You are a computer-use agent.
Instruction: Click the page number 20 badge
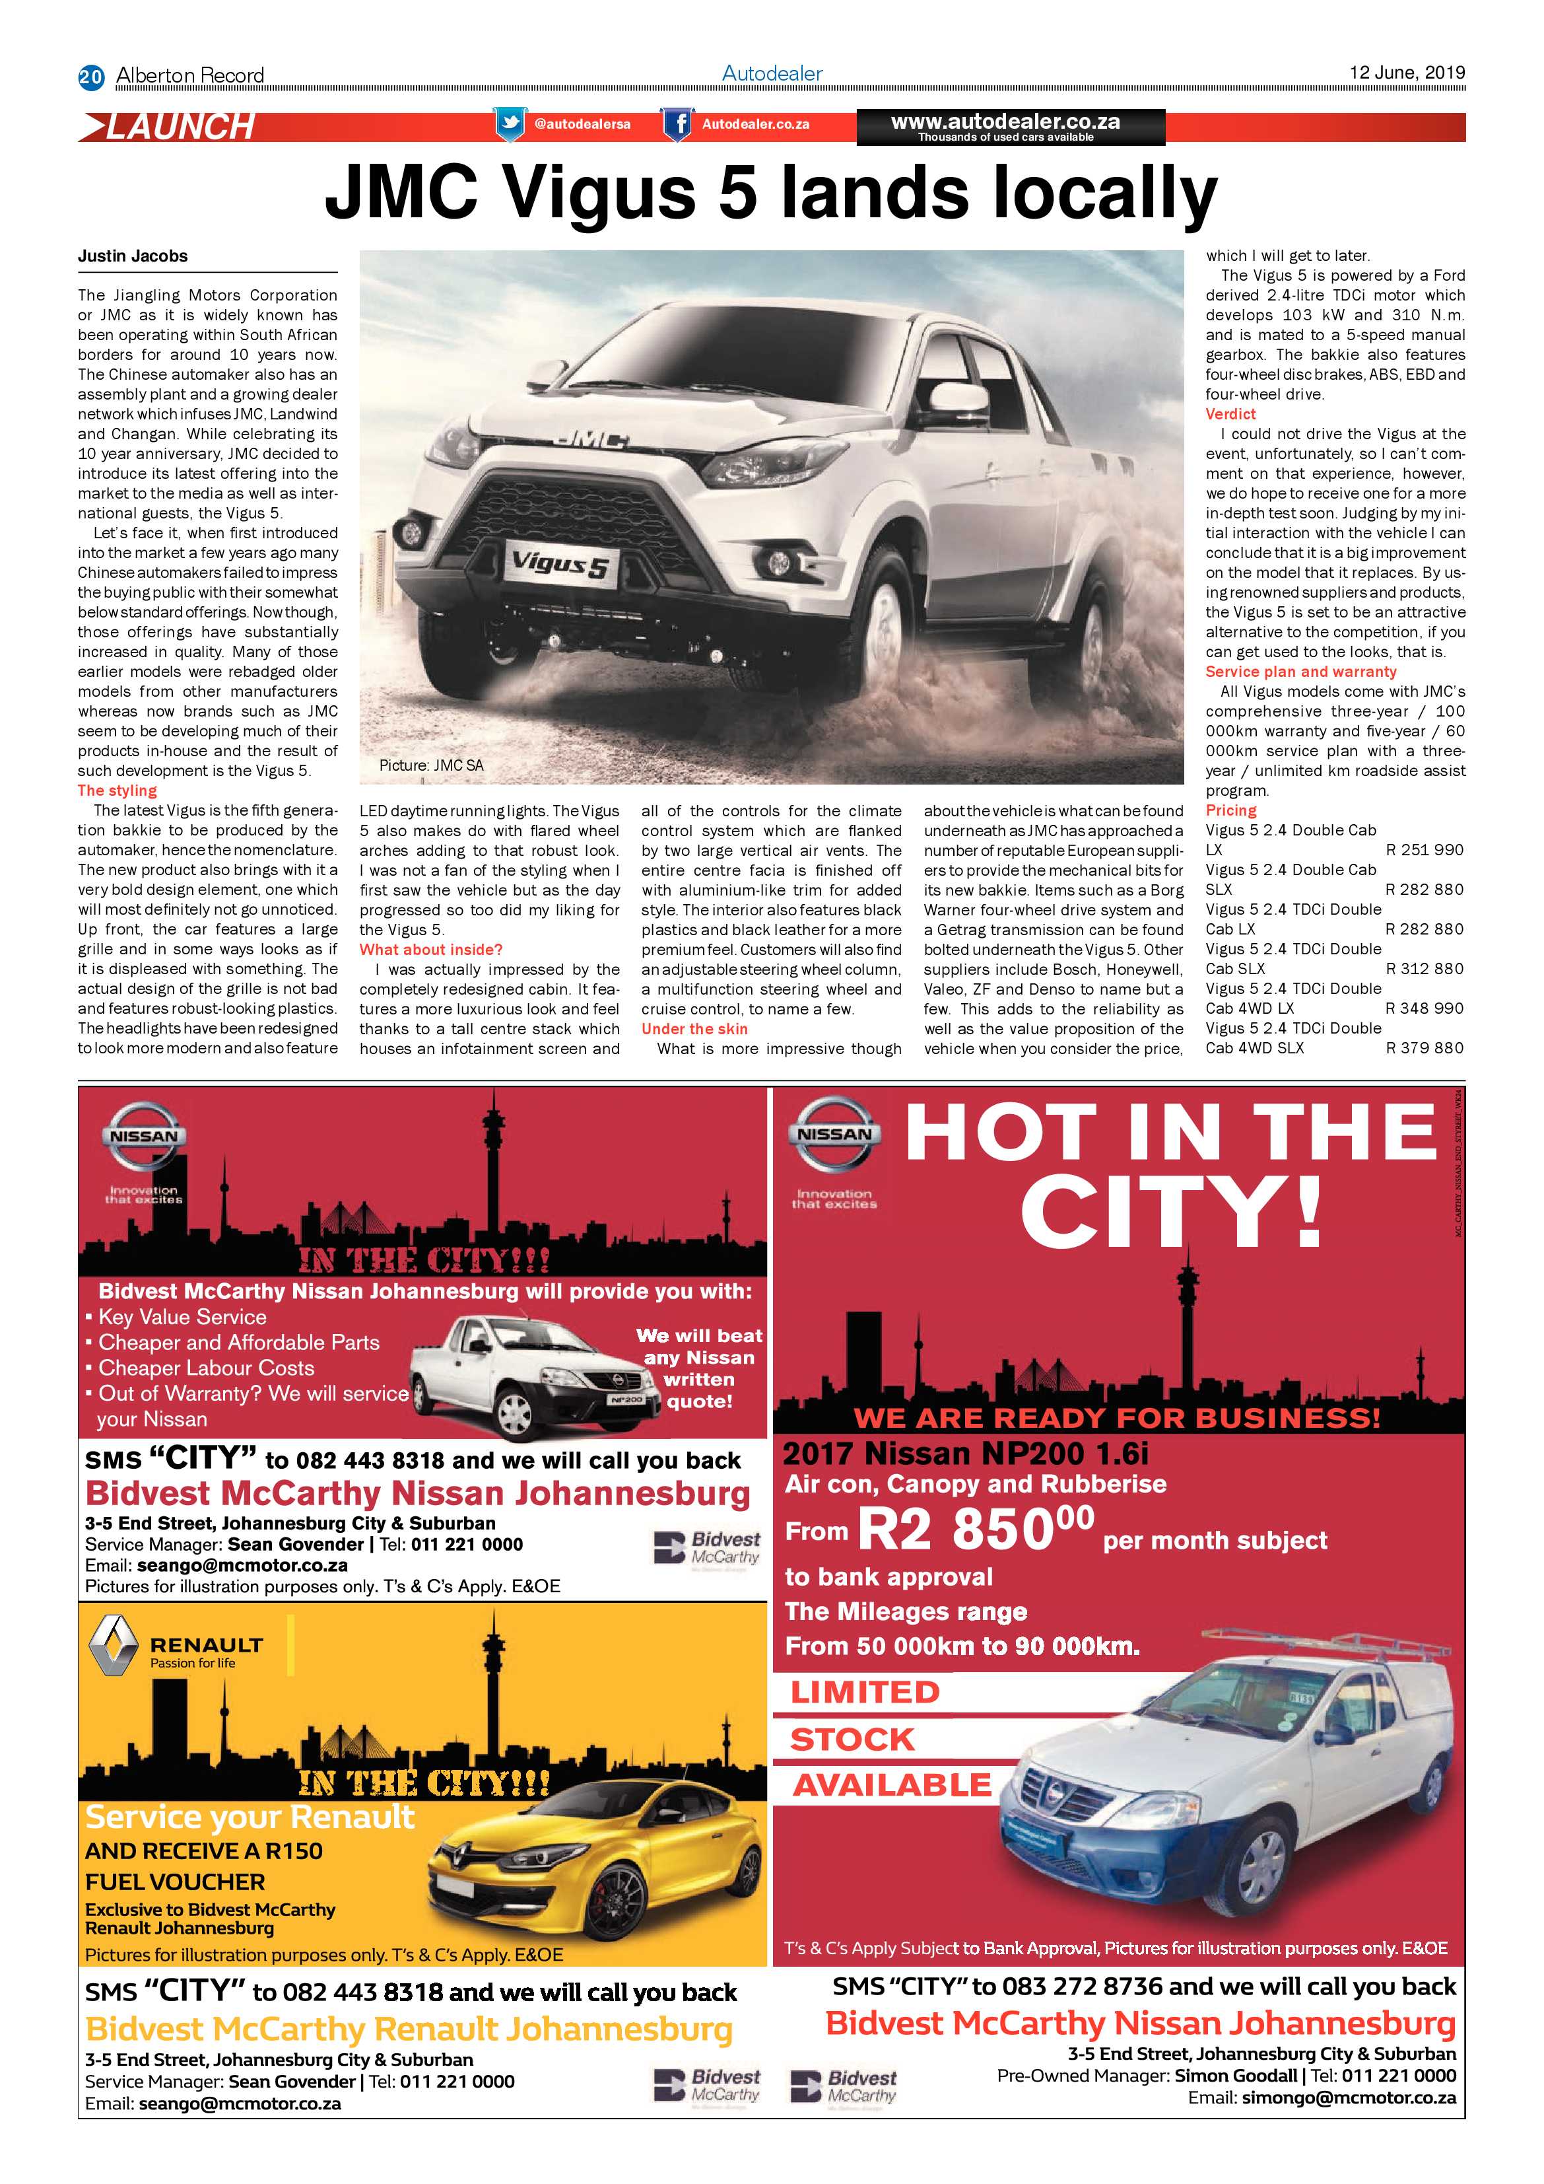[x=90, y=76]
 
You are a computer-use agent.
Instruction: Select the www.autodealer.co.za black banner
[x=1010, y=127]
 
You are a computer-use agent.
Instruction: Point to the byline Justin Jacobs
[x=133, y=256]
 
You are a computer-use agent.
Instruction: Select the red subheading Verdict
[x=1230, y=414]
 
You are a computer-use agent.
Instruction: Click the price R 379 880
[x=1425, y=1047]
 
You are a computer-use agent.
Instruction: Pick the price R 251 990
[x=1425, y=849]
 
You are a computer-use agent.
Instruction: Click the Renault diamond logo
[x=112, y=1648]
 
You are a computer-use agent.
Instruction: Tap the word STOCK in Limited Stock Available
[x=851, y=1739]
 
